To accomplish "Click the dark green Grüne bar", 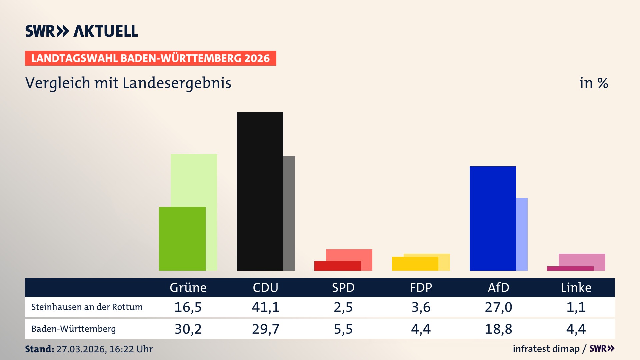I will click(x=182, y=238).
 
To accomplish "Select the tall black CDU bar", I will click(x=260, y=191).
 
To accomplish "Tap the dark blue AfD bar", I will click(x=492, y=218).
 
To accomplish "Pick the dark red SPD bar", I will click(x=337, y=266).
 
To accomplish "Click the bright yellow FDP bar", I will click(x=415, y=263).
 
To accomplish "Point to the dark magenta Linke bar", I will click(x=570, y=268).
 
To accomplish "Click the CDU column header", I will click(x=265, y=287).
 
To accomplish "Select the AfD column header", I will click(x=498, y=287).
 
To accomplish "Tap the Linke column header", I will click(x=576, y=287).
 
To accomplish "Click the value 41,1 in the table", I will click(x=265, y=307).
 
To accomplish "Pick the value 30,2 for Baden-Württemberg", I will click(x=188, y=329).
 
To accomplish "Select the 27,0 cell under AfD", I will click(x=498, y=307).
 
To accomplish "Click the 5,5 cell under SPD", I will click(x=343, y=329).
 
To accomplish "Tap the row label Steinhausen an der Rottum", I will click(x=87, y=307).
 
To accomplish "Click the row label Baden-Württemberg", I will click(x=73, y=329).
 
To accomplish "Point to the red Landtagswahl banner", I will click(x=150, y=58).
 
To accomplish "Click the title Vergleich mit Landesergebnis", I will click(x=128, y=83).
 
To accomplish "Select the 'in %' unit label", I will click(x=593, y=83).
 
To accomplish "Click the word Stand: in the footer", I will click(x=39, y=349).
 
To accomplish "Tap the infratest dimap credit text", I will click(x=546, y=349).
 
